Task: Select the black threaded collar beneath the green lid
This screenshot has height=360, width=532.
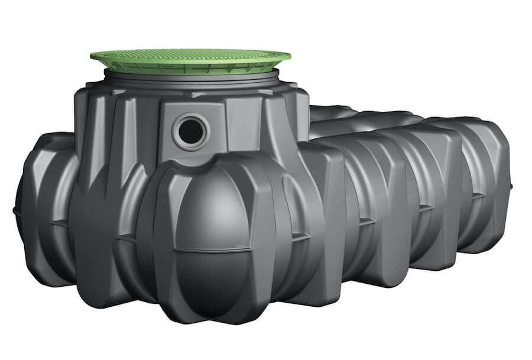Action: click(x=190, y=79)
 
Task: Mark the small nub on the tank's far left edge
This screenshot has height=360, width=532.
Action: click(x=14, y=210)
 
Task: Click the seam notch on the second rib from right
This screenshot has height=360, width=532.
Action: click(x=424, y=207)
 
